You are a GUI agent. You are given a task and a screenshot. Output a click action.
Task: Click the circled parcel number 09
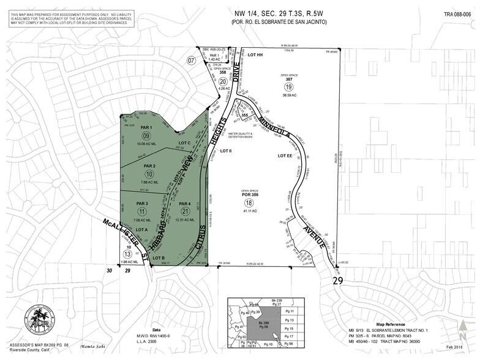point(146,135)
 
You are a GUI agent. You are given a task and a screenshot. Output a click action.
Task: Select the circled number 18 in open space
point(249,203)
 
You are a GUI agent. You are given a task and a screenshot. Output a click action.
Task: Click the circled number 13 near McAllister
point(127,254)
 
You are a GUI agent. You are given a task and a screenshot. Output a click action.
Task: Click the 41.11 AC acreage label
point(249,211)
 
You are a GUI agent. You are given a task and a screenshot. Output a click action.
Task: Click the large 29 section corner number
point(337,281)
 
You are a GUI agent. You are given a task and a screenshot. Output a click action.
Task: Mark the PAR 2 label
point(143,166)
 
